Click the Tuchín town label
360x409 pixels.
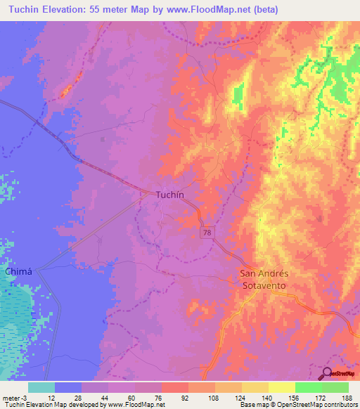[171, 195]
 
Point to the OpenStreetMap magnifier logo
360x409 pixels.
[328, 374]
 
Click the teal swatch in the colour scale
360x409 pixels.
[41, 387]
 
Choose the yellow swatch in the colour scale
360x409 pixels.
[282, 387]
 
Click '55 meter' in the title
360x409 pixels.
[122, 10]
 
